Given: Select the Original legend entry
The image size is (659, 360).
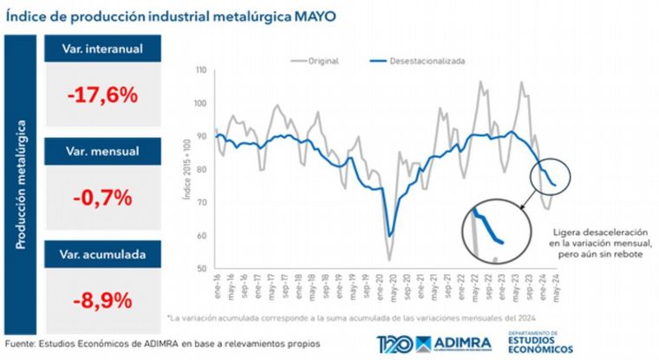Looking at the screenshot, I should (323, 62).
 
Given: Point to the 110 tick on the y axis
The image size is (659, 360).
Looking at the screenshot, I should (200, 70).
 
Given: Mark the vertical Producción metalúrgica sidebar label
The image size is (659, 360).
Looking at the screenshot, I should (20, 184).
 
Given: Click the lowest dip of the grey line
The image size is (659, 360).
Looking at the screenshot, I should (388, 259).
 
